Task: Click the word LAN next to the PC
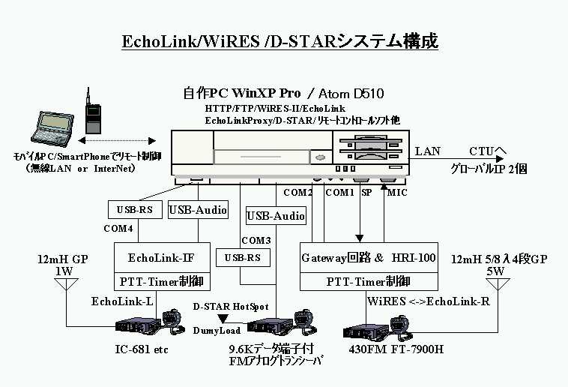click(428, 151)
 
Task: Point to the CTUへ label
click(489, 151)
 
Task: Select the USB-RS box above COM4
click(135, 210)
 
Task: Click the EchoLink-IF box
click(161, 259)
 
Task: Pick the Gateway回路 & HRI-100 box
click(368, 258)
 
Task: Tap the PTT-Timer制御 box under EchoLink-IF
click(161, 282)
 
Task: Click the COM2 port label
click(297, 193)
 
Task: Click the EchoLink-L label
click(122, 301)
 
